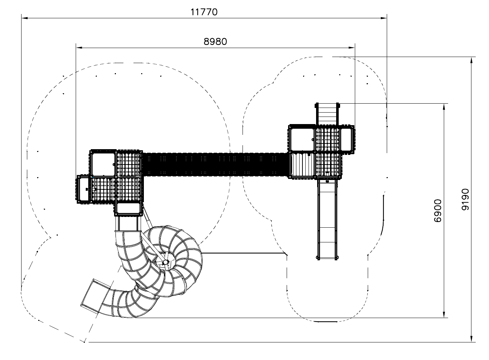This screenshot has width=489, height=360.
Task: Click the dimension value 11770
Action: pos(204,12)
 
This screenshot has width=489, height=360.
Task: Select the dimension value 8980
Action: pos(215,42)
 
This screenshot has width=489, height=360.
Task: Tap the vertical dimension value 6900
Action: pos(438,211)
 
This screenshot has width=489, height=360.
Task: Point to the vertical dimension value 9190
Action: pos(465,200)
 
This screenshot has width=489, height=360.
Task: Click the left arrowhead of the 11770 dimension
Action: pos(24,18)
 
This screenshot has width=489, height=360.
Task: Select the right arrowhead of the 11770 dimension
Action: pos(384,18)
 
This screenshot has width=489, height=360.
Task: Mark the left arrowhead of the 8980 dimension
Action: pos(79,47)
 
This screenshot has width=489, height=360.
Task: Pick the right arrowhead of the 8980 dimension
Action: pos(352,47)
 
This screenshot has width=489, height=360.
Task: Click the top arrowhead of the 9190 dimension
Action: pos(471,60)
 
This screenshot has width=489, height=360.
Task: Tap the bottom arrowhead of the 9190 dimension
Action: pos(471,339)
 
